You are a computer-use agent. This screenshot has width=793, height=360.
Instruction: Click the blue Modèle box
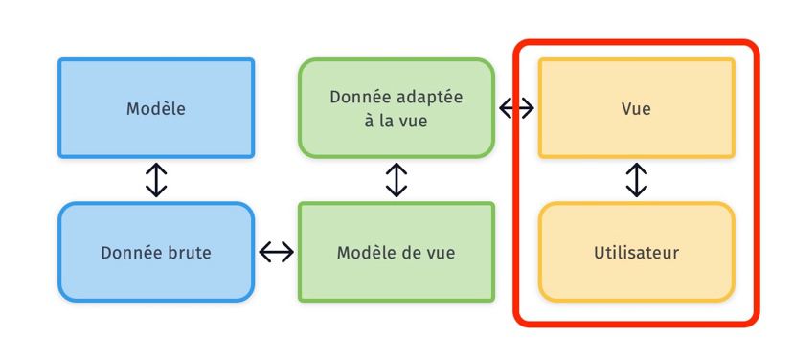click(x=156, y=108)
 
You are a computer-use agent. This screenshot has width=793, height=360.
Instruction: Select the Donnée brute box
click(x=156, y=253)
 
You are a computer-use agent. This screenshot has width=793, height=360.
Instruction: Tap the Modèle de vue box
click(x=396, y=253)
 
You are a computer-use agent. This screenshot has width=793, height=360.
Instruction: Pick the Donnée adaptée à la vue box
click(x=396, y=108)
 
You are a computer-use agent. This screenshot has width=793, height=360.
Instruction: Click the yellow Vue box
click(x=636, y=108)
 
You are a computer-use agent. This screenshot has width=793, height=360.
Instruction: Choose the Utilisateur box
click(x=636, y=253)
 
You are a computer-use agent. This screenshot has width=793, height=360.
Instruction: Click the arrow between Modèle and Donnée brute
click(x=156, y=180)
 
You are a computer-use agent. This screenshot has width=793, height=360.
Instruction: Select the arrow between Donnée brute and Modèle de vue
click(x=276, y=253)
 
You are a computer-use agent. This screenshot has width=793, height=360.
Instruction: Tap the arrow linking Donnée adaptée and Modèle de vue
click(x=396, y=180)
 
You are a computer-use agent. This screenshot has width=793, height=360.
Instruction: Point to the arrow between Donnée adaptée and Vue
click(x=516, y=108)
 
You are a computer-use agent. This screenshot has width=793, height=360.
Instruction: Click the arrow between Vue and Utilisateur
click(x=636, y=180)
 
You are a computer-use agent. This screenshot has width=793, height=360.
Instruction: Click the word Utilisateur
click(x=636, y=253)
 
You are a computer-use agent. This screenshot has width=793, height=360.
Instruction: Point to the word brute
click(x=188, y=253)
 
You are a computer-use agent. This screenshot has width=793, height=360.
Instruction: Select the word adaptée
click(x=427, y=97)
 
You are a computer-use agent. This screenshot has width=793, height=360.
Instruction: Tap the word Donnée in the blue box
click(x=129, y=253)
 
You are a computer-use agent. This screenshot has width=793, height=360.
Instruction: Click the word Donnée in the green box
click(x=359, y=97)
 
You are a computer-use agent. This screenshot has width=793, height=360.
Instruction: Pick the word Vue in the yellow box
click(x=636, y=108)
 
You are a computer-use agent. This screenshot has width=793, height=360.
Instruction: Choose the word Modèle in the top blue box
click(x=156, y=108)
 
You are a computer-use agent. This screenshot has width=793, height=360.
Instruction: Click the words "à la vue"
click(x=396, y=121)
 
